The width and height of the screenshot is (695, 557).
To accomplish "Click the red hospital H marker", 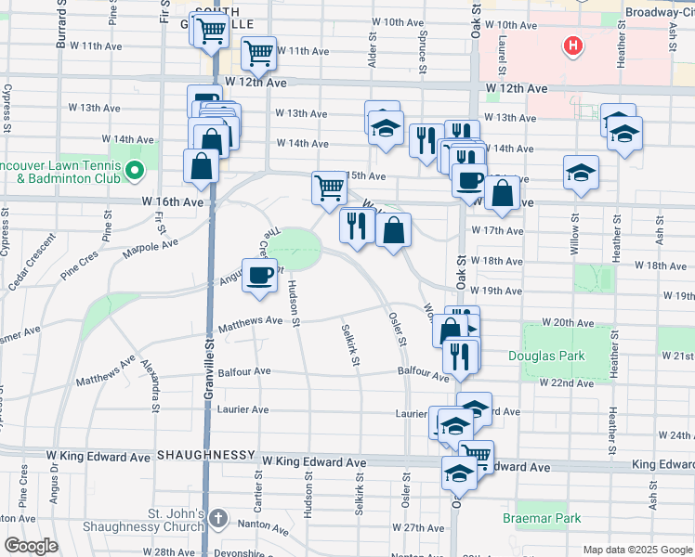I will pyautogui.click(x=574, y=45).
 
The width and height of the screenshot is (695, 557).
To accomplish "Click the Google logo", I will pyautogui.click(x=31, y=546).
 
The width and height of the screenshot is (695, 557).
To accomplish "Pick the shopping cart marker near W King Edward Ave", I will pyautogui.click(x=476, y=454).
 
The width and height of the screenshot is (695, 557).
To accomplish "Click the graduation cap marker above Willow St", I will pyautogui.click(x=581, y=172).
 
